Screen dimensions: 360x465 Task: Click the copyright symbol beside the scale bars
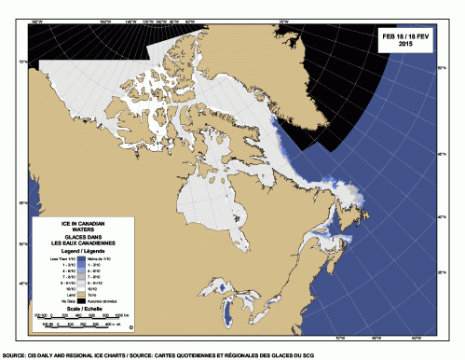coord(131,327)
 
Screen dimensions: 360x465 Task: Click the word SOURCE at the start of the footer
coord(13,355)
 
